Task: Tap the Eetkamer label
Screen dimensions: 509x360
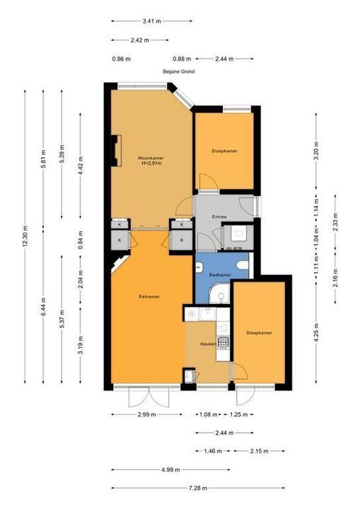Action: [x=149, y=297]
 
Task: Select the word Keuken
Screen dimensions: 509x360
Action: [x=207, y=344]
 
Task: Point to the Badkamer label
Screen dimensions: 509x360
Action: [x=221, y=274]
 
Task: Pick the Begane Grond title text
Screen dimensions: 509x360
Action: [x=178, y=71]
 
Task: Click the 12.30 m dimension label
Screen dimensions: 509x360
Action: [x=25, y=240]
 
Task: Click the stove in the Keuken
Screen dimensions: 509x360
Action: [x=224, y=342]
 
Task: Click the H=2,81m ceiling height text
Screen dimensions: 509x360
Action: [x=150, y=163]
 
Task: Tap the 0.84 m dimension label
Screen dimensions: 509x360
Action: [x=81, y=243]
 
